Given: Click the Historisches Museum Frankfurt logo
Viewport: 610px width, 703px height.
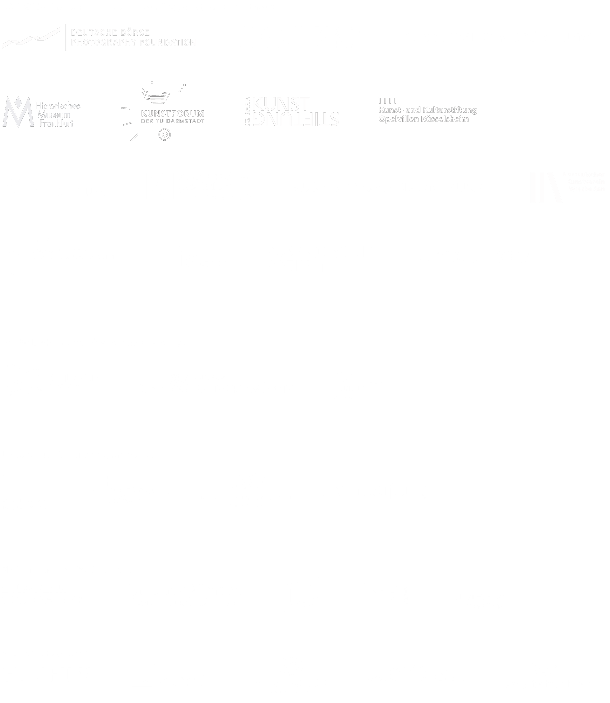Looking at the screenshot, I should click(x=41, y=112).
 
